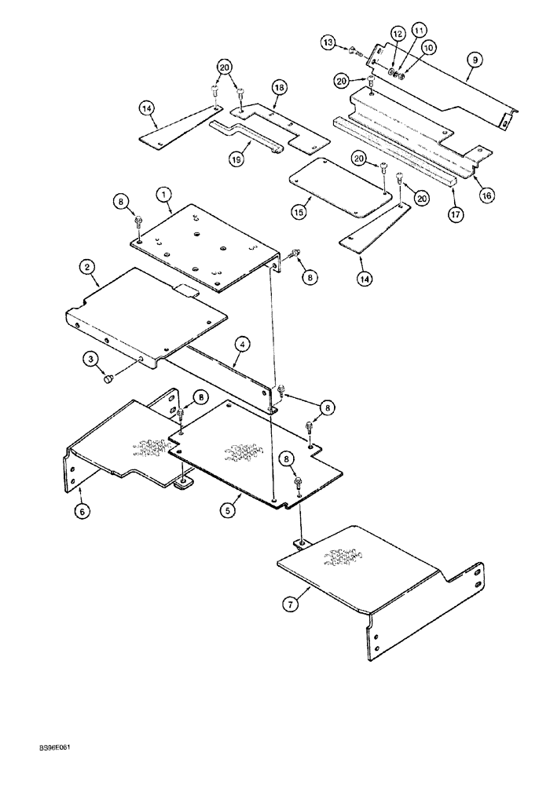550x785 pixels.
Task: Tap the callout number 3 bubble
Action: pos(91,360)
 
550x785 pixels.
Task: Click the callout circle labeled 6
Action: pos(81,510)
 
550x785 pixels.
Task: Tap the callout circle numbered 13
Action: pos(328,42)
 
